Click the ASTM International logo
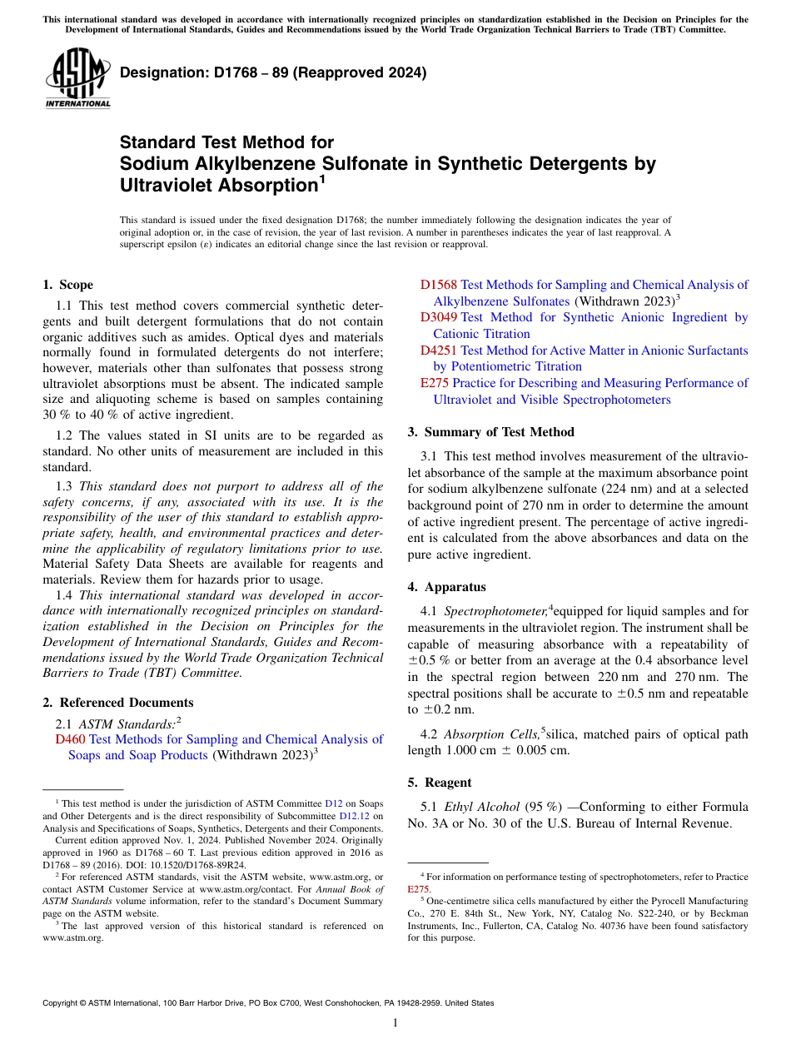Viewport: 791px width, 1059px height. tap(77, 78)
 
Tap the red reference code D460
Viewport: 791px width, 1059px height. tap(70, 739)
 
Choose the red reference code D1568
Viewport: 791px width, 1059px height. tap(438, 285)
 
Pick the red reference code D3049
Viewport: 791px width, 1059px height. tap(438, 317)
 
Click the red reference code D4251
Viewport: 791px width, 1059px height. tap(438, 351)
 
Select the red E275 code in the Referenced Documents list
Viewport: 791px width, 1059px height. tap(434, 383)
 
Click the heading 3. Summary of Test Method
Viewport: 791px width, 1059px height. tap(490, 431)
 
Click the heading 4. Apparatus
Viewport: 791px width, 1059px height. tap(446, 587)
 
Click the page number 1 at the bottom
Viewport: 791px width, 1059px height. tap(395, 1023)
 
